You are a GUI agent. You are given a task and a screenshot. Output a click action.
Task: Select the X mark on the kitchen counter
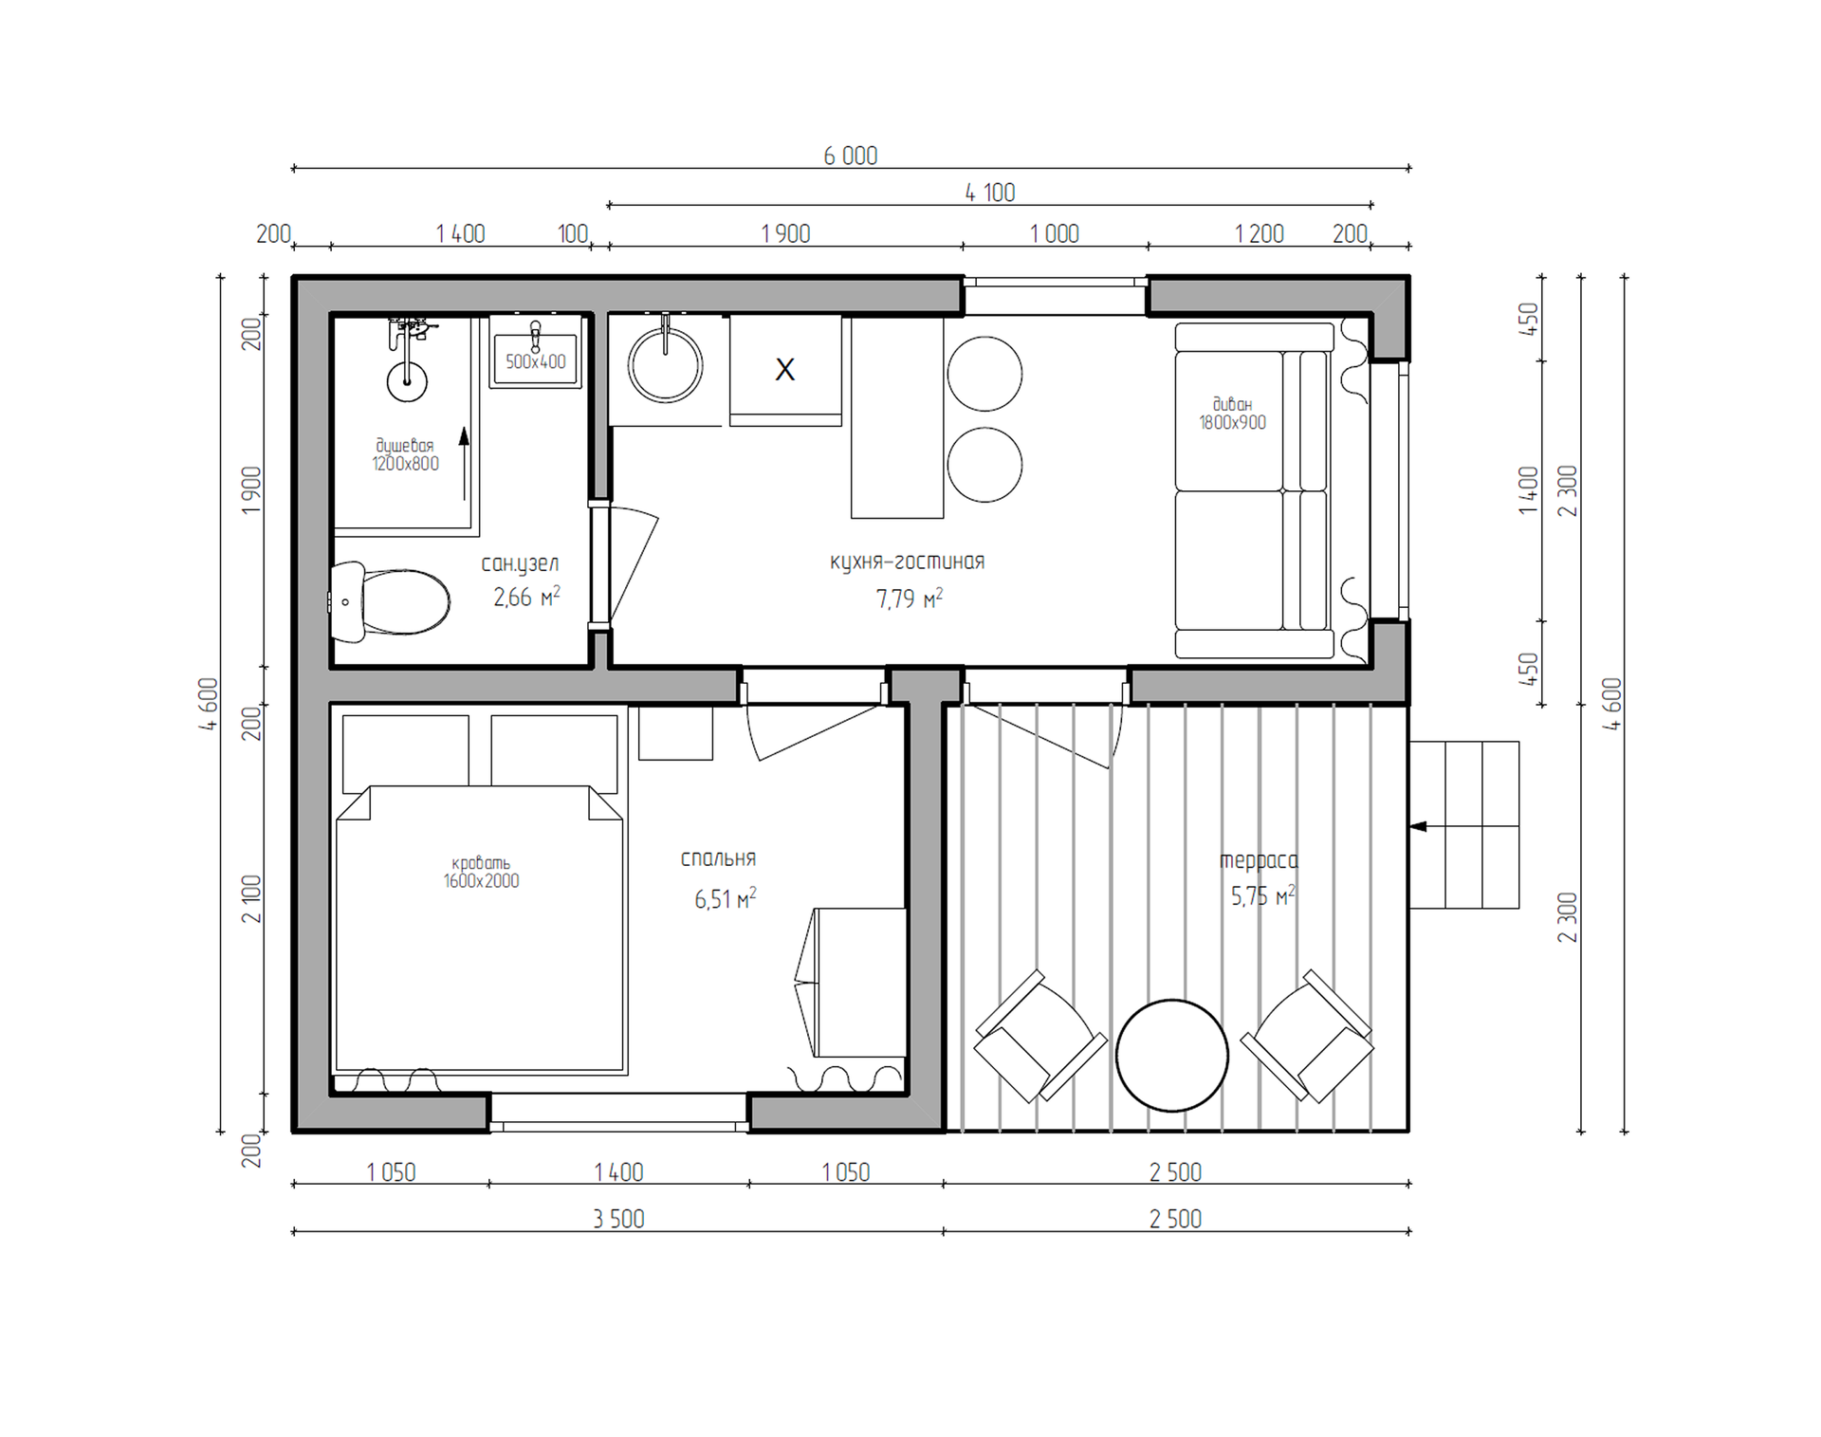click(785, 369)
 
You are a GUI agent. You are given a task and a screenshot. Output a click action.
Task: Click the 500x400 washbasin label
click(536, 361)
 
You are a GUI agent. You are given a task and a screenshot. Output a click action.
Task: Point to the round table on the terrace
click(1172, 1055)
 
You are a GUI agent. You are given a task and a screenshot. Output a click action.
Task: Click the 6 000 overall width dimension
click(851, 156)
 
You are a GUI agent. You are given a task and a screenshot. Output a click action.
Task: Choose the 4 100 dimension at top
click(990, 193)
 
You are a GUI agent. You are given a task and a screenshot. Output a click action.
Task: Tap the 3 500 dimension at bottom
click(618, 1219)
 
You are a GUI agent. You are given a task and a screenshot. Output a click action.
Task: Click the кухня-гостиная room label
click(908, 562)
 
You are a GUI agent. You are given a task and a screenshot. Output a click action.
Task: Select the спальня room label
click(718, 858)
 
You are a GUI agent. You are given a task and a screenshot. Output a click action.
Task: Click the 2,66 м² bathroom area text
click(526, 597)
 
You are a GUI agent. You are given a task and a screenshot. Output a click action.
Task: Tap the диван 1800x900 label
click(1233, 414)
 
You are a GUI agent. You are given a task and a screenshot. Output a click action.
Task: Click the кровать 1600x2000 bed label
click(481, 872)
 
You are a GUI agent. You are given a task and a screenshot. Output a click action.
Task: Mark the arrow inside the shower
click(464, 464)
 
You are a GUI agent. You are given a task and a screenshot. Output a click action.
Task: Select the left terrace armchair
click(1040, 1036)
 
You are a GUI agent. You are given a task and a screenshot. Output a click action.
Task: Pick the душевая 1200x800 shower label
click(405, 454)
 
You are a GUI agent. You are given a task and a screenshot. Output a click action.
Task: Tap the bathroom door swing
click(634, 563)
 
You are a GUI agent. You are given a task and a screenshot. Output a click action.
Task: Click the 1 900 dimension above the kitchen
click(785, 233)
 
